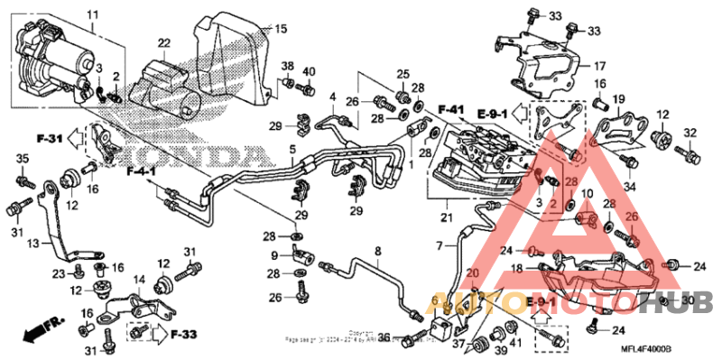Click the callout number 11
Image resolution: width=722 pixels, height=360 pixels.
(91, 16)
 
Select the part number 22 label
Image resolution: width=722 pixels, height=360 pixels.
(163, 43)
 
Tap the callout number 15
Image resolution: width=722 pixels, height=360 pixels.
(281, 29)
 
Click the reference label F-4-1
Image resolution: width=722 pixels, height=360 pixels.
(141, 171)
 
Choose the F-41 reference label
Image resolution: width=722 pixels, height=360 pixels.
(451, 110)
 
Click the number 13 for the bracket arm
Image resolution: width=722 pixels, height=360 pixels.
(33, 244)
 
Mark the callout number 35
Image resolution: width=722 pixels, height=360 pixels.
(21, 160)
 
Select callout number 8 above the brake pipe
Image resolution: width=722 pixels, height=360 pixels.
(377, 250)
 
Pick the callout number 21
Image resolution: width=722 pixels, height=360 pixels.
(444, 217)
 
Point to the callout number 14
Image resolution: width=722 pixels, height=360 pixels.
(141, 280)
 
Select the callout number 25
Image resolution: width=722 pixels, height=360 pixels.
(403, 73)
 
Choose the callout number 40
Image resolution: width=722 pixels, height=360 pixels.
(309, 72)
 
